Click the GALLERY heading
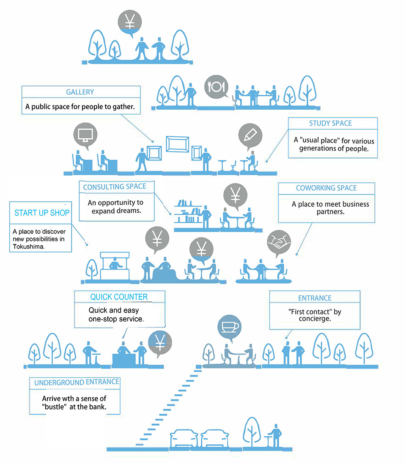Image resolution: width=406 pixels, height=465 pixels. click(80, 92)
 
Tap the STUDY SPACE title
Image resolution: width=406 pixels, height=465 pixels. click(330, 123)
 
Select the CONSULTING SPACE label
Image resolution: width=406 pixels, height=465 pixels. click(115, 187)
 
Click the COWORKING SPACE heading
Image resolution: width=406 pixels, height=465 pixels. click(326, 188)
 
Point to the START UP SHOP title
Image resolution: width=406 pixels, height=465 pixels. click(41, 213)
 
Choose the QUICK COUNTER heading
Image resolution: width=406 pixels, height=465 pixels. click(119, 297)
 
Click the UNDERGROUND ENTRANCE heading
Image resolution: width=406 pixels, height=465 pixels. click(77, 382)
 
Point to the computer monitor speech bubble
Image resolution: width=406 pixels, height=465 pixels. click(85, 135)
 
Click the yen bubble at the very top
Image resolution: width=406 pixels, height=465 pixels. click(130, 21)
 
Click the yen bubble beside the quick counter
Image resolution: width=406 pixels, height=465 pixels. click(160, 342)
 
